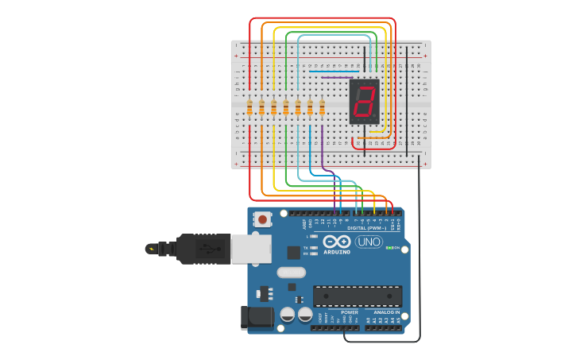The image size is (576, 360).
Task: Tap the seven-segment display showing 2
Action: (x=365, y=101)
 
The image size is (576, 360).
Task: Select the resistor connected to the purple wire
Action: (x=322, y=107)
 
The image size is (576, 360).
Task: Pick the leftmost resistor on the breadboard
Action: (x=249, y=107)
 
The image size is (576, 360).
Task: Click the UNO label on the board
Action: (x=368, y=242)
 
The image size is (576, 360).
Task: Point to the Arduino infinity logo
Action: (x=336, y=242)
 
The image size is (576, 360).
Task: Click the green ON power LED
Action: (x=389, y=248)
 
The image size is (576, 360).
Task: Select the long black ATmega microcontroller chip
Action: (x=357, y=296)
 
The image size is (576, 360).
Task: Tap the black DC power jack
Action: (x=257, y=318)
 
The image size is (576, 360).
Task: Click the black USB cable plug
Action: (x=203, y=249)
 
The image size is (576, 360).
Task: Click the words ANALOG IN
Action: (x=386, y=312)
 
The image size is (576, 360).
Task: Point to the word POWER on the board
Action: (x=350, y=312)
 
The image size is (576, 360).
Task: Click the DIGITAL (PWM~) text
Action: (x=366, y=228)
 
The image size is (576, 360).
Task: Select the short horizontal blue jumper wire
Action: (x=334, y=72)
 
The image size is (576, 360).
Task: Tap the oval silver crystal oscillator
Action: (x=291, y=273)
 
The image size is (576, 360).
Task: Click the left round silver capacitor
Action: (x=288, y=315)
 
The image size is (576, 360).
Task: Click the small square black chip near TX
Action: (x=294, y=253)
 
